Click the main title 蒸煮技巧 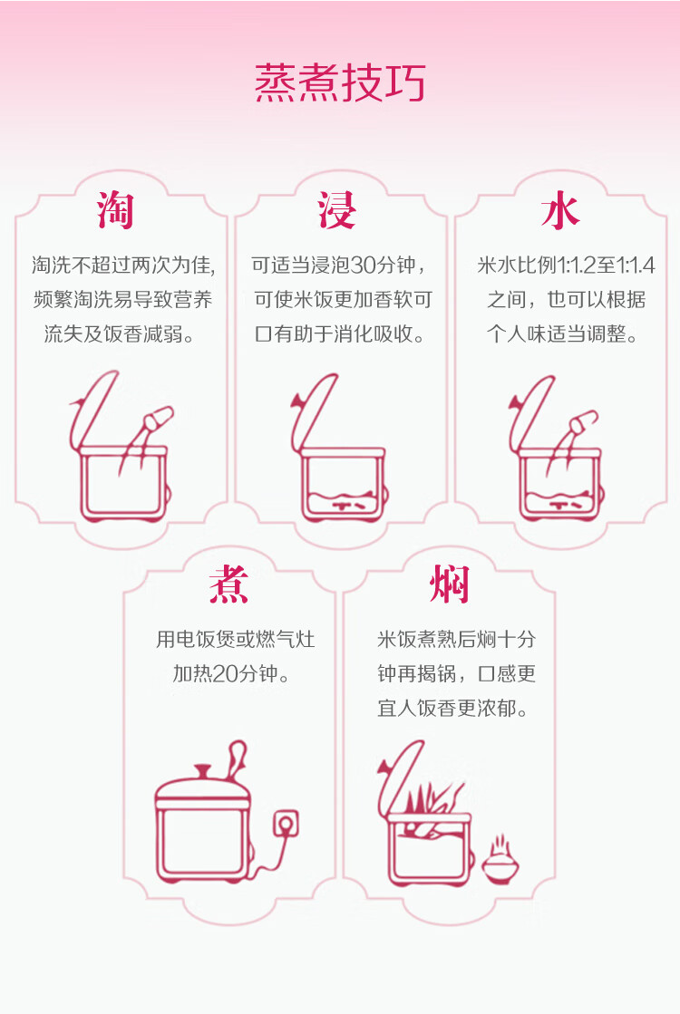point(340,83)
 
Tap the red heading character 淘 point(116,211)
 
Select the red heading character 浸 point(336,210)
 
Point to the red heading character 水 point(559,211)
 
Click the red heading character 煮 point(228,584)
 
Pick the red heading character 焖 point(450,584)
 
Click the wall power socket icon point(287,824)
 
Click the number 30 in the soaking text point(362,266)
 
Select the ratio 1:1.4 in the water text point(635,266)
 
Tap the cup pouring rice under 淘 point(157,419)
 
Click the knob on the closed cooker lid point(202,772)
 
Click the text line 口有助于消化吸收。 point(340,334)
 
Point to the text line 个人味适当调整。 point(562,334)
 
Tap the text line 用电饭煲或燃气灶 point(236,640)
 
